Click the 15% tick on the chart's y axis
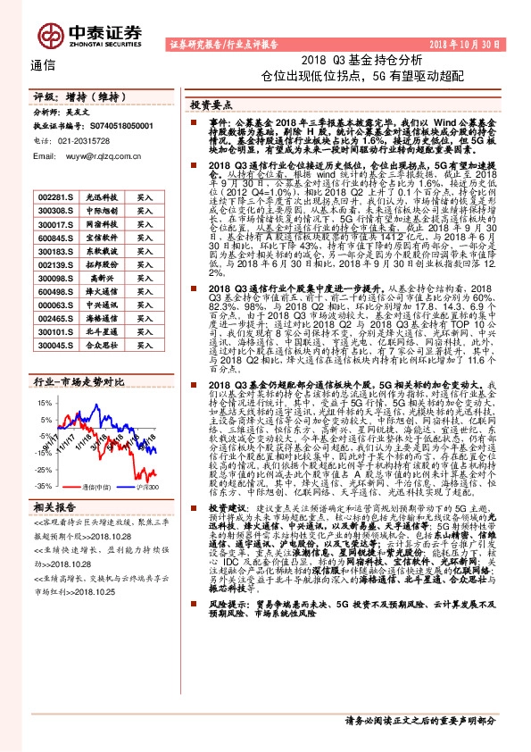(44, 403)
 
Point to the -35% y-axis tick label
(43, 485)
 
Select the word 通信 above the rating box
(43, 64)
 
